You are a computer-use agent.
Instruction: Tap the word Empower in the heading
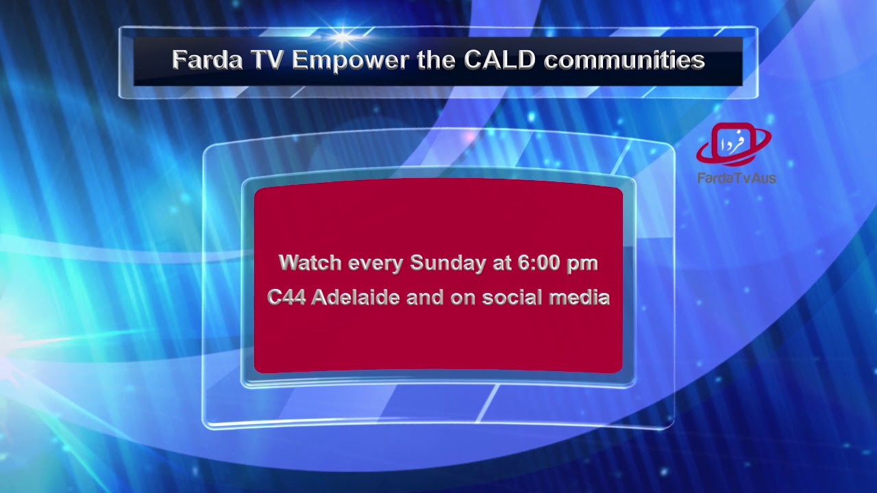point(351,61)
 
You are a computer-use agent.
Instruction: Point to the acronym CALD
point(499,60)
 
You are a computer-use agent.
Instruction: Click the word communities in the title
point(624,60)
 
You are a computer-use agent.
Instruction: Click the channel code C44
point(286,298)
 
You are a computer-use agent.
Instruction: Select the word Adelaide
point(356,298)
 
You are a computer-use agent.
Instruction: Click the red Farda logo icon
point(734,144)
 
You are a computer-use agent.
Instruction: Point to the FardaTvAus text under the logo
point(737,178)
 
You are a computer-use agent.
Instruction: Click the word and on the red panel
point(425,298)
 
